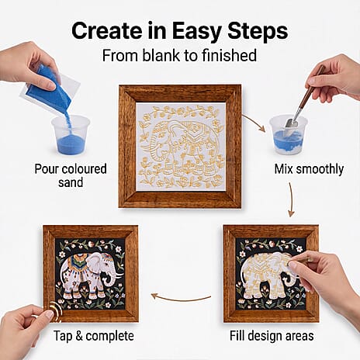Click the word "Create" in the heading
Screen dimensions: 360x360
click(x=106, y=31)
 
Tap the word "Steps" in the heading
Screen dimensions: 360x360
click(x=258, y=32)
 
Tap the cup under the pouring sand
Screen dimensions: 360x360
click(x=71, y=135)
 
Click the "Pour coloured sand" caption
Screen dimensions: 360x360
click(x=71, y=175)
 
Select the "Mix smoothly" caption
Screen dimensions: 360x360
click(x=309, y=169)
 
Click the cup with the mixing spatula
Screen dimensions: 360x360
click(x=289, y=135)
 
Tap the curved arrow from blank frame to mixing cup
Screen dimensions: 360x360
click(x=254, y=122)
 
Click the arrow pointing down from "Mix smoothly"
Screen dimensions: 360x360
click(x=292, y=199)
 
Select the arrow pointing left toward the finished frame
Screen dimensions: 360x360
click(x=181, y=299)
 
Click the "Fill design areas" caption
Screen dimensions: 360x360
click(x=272, y=336)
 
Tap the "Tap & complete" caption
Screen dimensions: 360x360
click(x=94, y=336)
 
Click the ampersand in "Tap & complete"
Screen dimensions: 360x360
click(x=79, y=336)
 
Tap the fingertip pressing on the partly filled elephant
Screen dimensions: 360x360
click(x=293, y=265)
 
